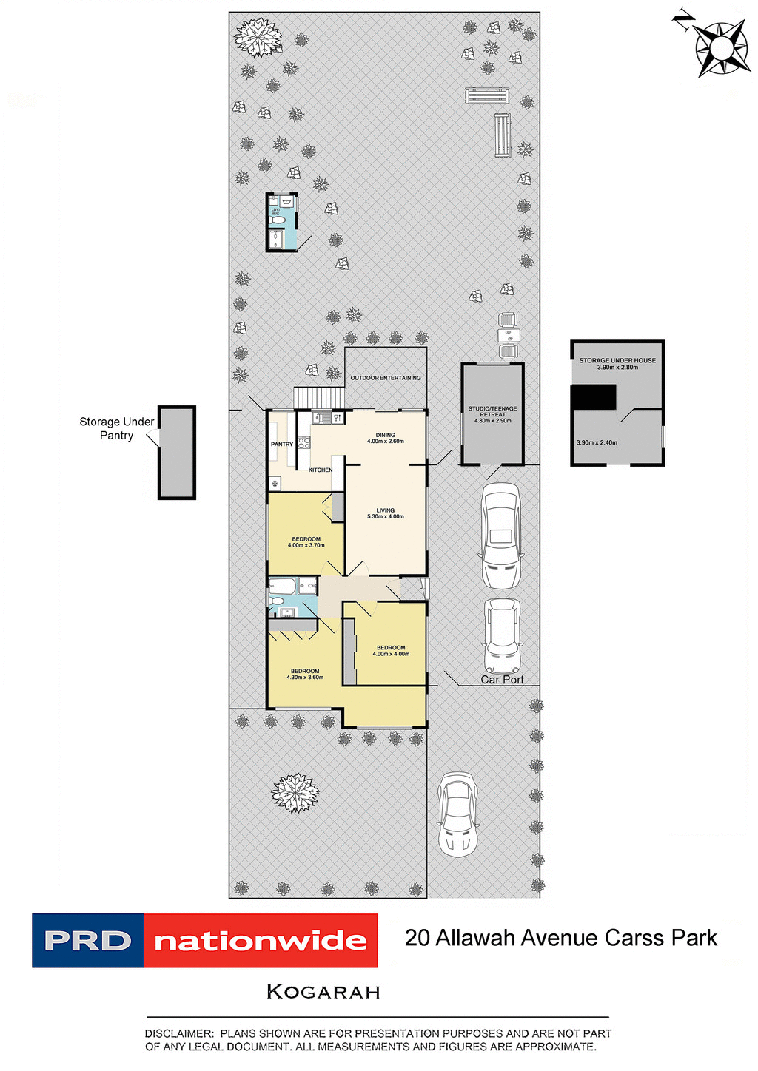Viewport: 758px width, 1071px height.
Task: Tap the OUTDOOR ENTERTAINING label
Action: coord(385,378)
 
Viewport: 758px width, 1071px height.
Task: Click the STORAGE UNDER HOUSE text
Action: coord(617,361)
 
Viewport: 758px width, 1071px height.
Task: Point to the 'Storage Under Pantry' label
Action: coord(116,428)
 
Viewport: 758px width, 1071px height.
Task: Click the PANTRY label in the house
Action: coord(282,445)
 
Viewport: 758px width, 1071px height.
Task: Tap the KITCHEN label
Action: coord(321,470)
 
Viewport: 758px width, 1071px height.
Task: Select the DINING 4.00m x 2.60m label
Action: coord(385,438)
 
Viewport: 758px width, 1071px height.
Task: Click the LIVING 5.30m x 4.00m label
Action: coord(385,513)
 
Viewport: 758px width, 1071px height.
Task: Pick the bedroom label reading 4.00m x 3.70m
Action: coord(306,542)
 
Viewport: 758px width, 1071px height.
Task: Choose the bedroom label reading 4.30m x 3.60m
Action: coord(305,674)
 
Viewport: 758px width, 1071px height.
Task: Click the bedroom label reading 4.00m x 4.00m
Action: coord(391,651)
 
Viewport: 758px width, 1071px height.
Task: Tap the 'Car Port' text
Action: coord(502,680)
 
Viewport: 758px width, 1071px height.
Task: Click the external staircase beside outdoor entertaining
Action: coord(319,398)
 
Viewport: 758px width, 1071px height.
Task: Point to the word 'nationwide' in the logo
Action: coord(261,941)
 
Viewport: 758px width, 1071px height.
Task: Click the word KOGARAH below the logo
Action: coord(323,992)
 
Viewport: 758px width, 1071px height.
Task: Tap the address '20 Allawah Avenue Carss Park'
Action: coord(560,938)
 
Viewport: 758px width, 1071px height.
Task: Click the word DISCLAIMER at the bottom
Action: coord(178,1033)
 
